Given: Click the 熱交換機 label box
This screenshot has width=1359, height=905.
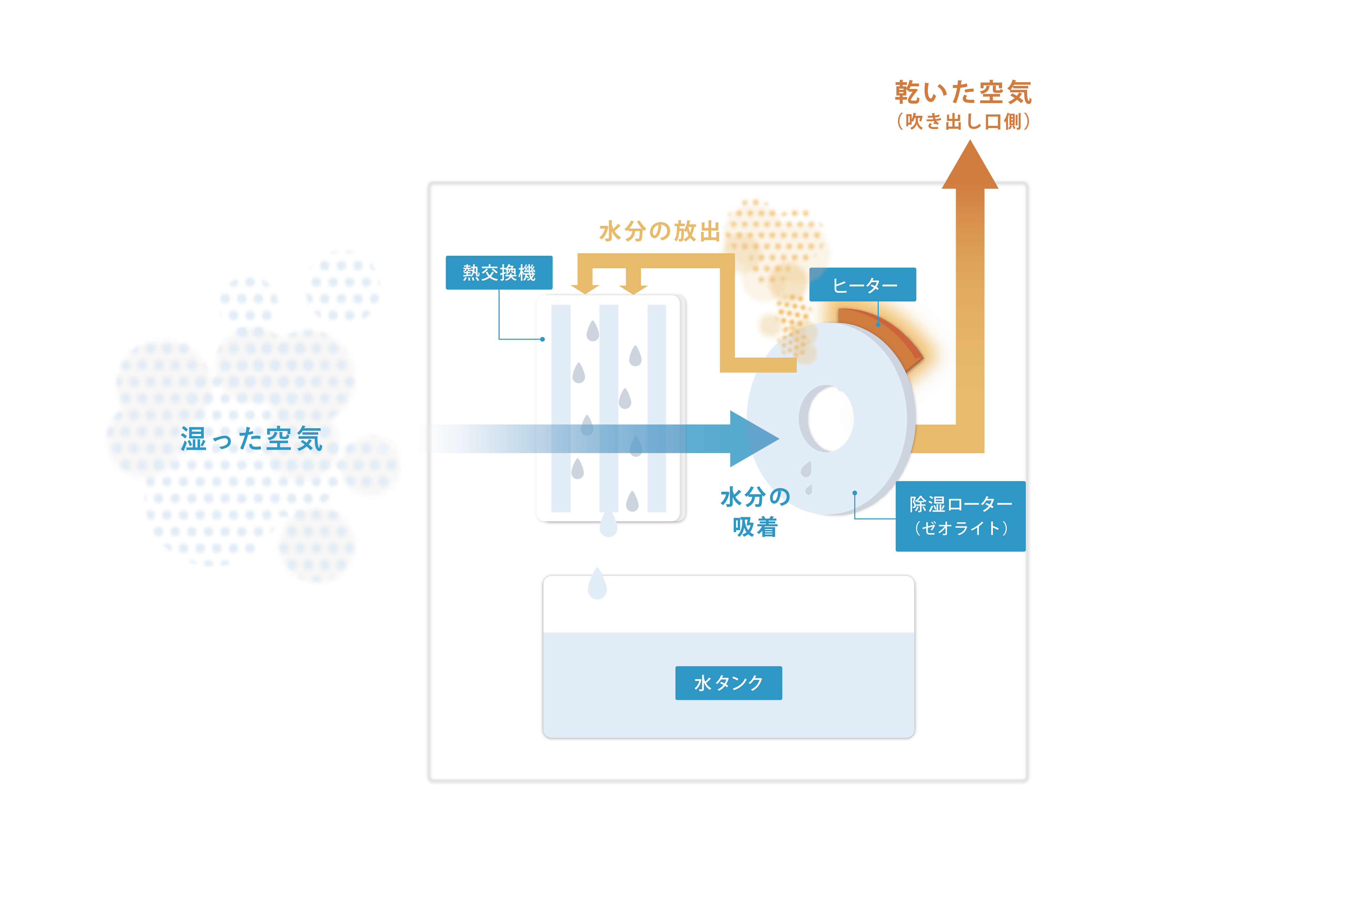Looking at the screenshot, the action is [x=499, y=272].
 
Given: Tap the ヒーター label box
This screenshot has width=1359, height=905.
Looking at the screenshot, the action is [x=862, y=285].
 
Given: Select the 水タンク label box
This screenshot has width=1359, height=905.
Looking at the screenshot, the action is [x=729, y=683].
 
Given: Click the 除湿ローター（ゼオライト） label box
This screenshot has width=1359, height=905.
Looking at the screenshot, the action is [x=961, y=516].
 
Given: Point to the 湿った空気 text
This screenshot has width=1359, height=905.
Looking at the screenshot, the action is [x=251, y=439].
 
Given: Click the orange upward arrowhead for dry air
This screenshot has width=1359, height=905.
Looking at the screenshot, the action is [x=970, y=166].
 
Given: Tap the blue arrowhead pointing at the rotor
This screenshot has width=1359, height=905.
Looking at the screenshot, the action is [x=752, y=439].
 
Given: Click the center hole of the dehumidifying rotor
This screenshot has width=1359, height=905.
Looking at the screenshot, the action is [x=830, y=418].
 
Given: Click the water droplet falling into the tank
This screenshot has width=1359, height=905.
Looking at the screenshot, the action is [x=597, y=584].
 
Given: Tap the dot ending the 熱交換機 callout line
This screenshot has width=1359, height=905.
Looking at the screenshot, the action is [x=543, y=339].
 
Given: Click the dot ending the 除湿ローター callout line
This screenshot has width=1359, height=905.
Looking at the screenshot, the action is [x=854, y=493].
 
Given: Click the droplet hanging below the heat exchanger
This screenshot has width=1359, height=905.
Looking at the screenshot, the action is [x=608, y=523].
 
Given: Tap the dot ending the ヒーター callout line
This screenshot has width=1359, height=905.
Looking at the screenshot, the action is [x=878, y=324].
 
